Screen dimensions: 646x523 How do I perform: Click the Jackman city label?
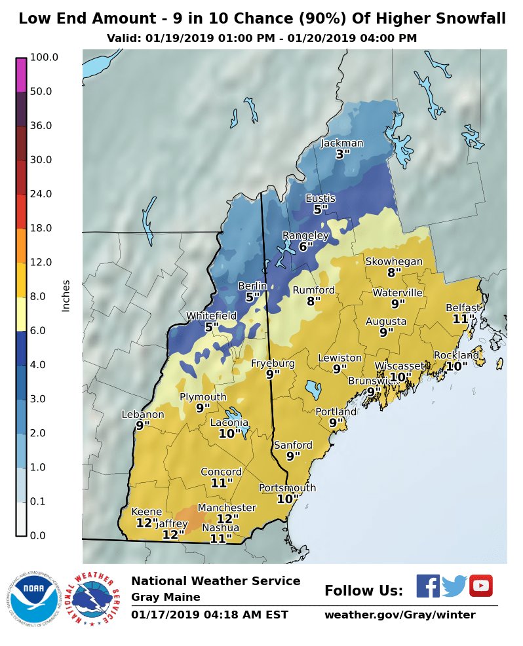341,143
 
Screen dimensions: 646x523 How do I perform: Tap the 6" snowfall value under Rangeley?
305,247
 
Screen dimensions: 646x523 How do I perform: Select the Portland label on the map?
336,411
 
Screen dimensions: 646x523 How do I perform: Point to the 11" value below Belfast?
463,319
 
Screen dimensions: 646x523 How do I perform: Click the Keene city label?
147,512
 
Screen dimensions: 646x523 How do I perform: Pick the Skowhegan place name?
394,261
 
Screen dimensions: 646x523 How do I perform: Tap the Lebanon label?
143,414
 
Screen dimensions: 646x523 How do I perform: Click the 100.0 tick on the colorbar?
44,57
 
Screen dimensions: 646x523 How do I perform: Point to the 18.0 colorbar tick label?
41,228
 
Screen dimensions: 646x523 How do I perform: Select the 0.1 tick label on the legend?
37,501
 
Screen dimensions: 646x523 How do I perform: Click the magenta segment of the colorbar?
21,75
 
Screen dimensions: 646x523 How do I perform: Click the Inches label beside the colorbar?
66,296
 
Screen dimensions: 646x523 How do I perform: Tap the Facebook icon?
428,586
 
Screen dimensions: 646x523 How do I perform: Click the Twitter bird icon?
454,586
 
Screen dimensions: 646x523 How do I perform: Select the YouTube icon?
481,586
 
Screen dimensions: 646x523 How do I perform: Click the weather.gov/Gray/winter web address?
400,615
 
